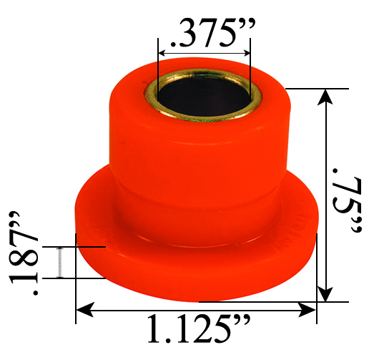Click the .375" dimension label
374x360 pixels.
point(205,31)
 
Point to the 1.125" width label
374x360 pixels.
point(197,330)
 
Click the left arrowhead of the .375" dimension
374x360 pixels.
point(162,52)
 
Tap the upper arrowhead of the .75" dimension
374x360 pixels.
point(326,95)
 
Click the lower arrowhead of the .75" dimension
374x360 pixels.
point(326,295)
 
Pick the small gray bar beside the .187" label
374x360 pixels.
point(60,262)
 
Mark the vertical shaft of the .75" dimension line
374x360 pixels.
point(326,193)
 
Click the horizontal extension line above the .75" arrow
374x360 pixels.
point(307,88)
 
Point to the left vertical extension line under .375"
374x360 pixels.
point(157,64)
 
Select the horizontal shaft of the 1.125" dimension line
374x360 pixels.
point(197,309)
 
